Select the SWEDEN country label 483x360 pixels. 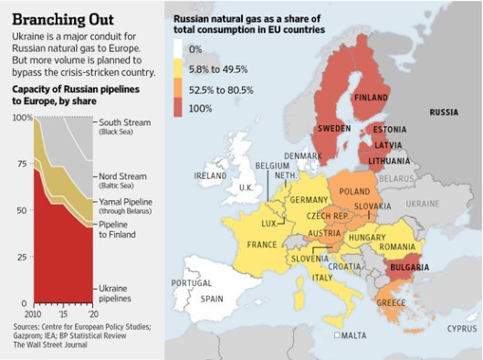point(333,129)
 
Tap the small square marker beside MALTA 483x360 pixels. point(337,335)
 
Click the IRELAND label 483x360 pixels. point(210,175)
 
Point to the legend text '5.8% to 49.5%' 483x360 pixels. point(217,69)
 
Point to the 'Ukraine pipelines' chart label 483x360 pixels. point(114,292)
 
